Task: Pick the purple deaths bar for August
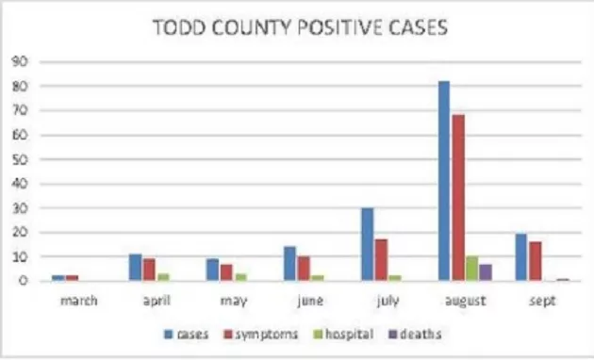click(486, 272)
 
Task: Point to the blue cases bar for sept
click(521, 257)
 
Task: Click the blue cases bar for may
click(212, 270)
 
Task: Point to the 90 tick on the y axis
click(17, 62)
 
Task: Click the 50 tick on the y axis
click(17, 159)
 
